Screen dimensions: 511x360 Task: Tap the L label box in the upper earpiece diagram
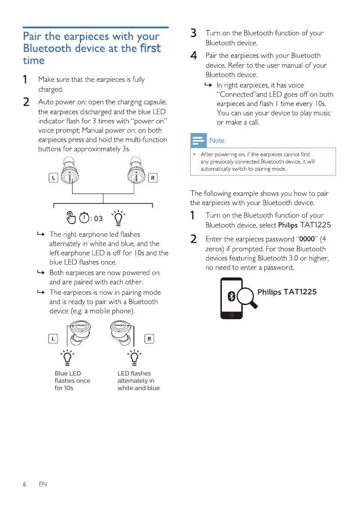click(53, 178)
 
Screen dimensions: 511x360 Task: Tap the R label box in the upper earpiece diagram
click(152, 178)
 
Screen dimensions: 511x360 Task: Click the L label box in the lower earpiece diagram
click(53, 339)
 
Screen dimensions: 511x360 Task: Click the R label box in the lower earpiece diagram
click(149, 339)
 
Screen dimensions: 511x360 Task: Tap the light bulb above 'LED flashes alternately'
click(134, 357)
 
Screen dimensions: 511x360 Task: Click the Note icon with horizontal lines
click(198, 140)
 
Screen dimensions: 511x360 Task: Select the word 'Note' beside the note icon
click(217, 141)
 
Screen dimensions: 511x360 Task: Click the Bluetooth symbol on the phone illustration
click(232, 296)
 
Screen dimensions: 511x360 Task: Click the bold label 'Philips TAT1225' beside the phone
click(287, 292)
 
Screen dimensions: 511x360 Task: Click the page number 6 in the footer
click(24, 484)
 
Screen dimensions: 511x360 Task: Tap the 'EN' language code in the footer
click(42, 484)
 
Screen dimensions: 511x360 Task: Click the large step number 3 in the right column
click(194, 33)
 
